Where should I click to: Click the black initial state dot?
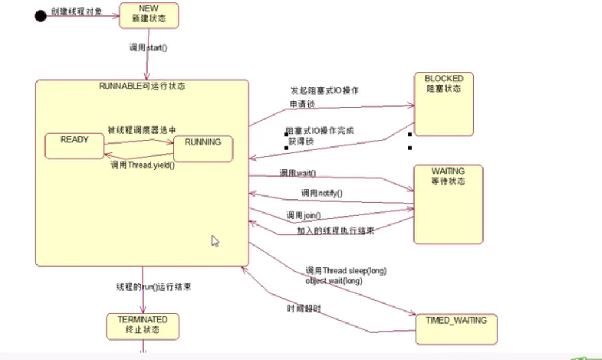point(40,15)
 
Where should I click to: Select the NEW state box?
point(149,15)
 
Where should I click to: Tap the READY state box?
point(75,147)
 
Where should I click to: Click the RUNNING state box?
point(203,149)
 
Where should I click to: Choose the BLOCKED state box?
point(444,104)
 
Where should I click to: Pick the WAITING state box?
point(448,204)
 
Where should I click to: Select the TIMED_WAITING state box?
point(456,329)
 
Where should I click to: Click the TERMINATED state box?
point(142,326)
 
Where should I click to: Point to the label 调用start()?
point(148,48)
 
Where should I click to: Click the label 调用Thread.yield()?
point(142,166)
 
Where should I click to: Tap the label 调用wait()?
point(297,173)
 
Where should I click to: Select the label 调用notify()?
point(322,193)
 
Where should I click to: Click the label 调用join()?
point(304,215)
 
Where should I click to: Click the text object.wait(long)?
point(334,280)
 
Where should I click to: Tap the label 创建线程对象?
point(77,11)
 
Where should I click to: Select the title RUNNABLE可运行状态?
point(142,87)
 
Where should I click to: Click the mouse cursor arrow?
point(215,240)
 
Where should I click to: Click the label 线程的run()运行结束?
point(154,287)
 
